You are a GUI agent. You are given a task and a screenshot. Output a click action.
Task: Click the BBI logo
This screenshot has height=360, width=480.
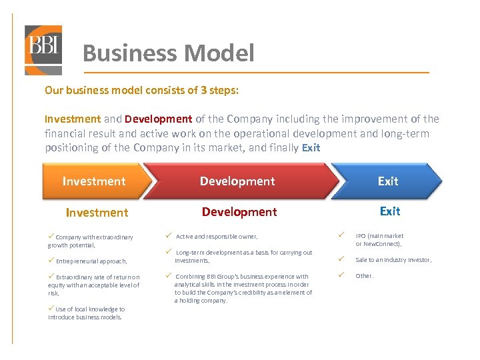point(43,49)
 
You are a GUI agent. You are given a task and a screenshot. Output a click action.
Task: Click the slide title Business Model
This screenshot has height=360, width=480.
point(168,53)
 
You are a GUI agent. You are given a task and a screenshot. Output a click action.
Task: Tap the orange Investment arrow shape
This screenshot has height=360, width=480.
point(93,181)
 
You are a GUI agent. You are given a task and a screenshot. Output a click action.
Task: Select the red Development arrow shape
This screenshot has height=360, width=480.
point(237,181)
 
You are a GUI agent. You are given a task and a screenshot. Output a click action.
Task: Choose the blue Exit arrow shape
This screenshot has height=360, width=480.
point(388,181)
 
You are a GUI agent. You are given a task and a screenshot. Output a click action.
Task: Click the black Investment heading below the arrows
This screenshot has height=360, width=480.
point(97,213)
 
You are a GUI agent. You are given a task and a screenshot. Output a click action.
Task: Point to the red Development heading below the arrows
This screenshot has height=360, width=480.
point(239,212)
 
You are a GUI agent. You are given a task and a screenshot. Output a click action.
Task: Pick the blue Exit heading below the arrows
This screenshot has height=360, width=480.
point(390,211)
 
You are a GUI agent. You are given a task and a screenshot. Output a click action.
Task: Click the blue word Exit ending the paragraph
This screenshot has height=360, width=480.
point(311,148)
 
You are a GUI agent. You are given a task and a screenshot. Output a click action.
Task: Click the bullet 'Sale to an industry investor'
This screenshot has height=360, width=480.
point(393,260)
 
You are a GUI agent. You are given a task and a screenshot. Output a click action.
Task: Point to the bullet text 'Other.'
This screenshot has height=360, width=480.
point(365,276)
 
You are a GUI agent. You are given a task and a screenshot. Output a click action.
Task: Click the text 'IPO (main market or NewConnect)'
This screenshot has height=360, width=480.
point(379,240)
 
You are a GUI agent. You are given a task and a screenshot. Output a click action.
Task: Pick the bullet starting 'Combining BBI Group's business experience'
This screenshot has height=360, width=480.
point(243,289)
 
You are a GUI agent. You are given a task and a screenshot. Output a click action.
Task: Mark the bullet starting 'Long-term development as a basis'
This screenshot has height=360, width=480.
point(243,257)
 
